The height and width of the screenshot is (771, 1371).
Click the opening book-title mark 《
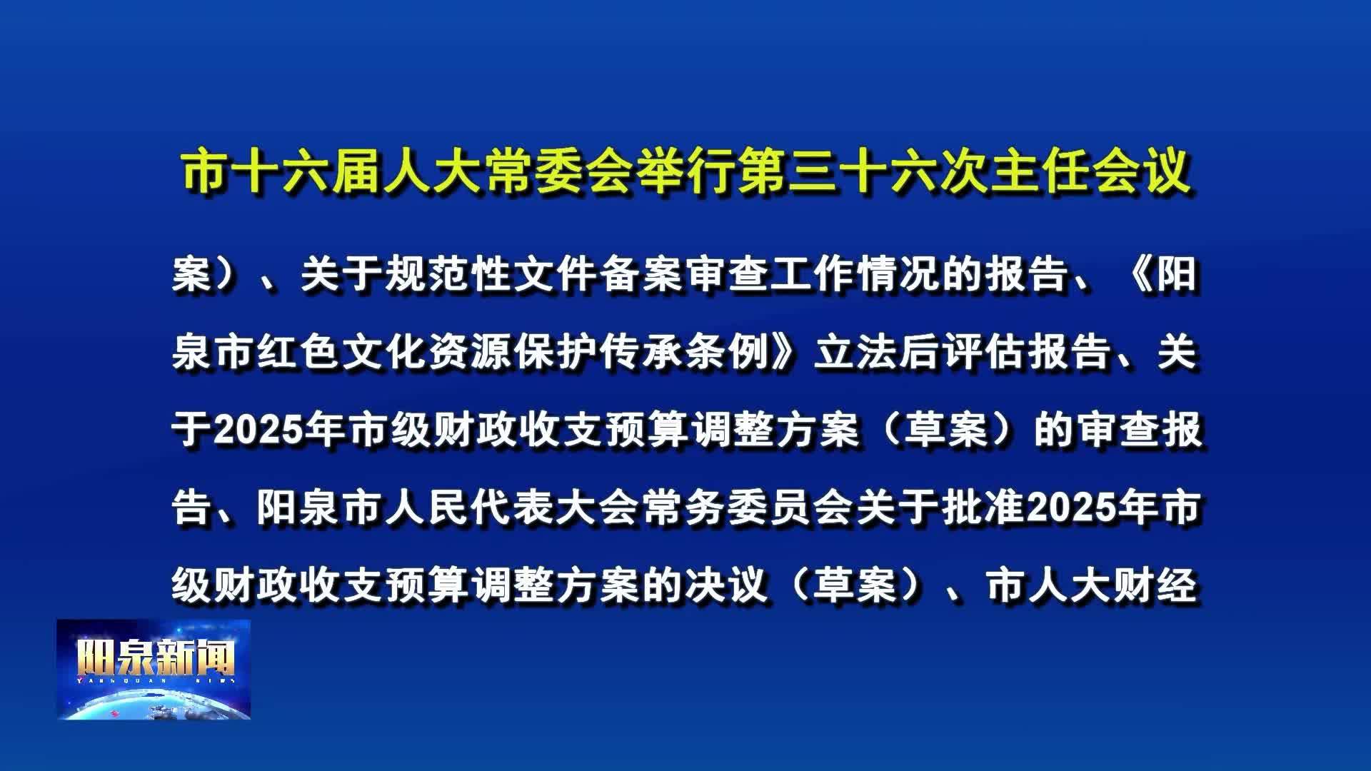coord(1139,275)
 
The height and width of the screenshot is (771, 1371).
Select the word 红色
coord(299,353)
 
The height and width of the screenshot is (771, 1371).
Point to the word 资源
coord(471,353)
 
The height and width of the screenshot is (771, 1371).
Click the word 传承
coord(642,353)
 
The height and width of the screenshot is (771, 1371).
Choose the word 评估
coord(985,353)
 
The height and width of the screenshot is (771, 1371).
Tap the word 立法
coord(857,353)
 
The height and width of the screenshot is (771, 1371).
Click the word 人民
coord(428,508)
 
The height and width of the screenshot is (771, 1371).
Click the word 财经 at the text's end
coord(1156,586)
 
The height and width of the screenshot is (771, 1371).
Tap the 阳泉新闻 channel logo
coord(154,670)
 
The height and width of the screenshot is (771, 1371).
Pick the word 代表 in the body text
coord(513,508)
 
